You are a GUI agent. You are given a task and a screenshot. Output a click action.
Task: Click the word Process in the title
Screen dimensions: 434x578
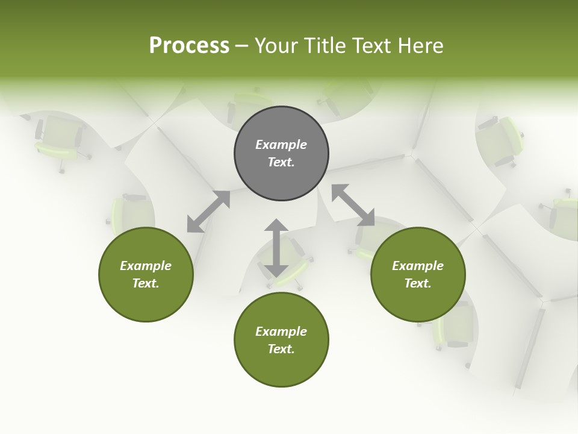(189, 46)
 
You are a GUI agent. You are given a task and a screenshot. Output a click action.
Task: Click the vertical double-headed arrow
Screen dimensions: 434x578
(276, 248)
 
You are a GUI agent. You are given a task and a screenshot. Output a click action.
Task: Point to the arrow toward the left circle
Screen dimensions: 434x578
(208, 212)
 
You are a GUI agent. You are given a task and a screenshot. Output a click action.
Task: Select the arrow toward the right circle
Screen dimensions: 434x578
(353, 205)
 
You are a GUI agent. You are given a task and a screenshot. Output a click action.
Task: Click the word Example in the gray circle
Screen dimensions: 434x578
(281, 145)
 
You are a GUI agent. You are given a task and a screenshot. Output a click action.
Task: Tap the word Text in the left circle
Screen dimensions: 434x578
(145, 283)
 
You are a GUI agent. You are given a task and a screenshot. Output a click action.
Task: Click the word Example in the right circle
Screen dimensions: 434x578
(418, 266)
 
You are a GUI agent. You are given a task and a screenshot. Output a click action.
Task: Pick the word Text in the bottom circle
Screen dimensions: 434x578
(281, 349)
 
